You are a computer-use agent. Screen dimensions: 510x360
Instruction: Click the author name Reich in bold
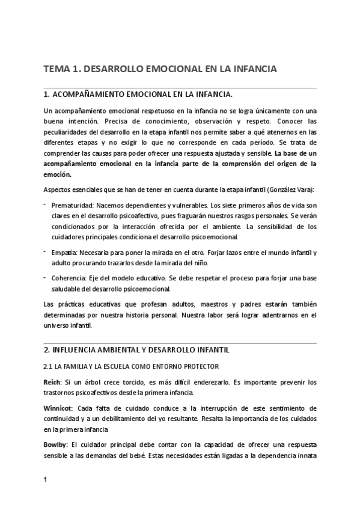pos(53,382)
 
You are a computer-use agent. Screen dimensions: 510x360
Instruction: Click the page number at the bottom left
pos(46,480)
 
